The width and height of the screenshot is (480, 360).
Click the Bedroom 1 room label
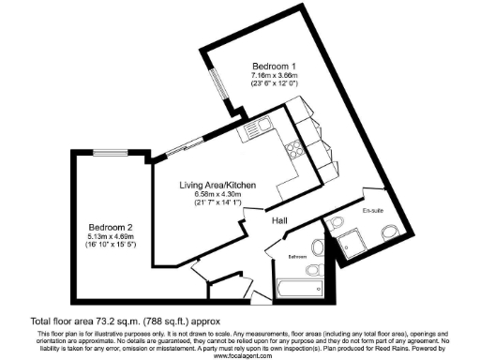point(274,67)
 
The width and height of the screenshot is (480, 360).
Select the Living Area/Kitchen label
point(217,185)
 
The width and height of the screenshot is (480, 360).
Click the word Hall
point(279,220)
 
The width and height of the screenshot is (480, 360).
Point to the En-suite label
point(373,211)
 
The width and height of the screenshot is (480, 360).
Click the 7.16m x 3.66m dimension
point(274,76)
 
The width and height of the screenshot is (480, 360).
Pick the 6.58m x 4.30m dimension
point(217,194)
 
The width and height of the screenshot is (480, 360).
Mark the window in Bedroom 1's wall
point(212,91)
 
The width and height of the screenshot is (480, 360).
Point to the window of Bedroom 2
point(105,153)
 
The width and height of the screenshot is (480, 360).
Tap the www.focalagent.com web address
point(240,355)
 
